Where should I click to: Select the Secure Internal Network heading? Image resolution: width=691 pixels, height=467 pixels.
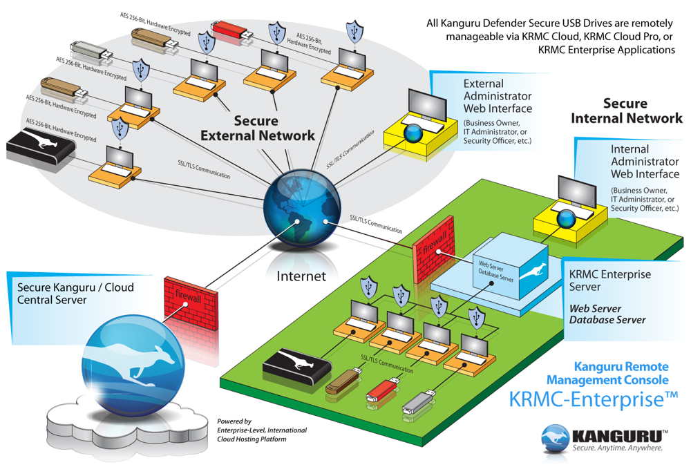(x=626, y=111)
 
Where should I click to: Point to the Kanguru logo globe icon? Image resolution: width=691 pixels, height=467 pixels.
(x=556, y=437)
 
